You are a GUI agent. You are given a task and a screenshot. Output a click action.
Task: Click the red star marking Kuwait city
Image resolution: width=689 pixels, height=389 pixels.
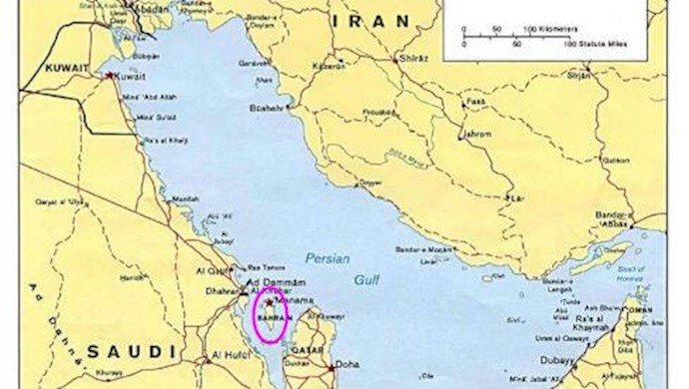109,76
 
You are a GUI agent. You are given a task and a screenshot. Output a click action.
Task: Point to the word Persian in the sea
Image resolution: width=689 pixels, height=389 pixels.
328,257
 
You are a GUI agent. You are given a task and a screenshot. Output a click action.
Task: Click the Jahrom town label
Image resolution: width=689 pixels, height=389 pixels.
474,133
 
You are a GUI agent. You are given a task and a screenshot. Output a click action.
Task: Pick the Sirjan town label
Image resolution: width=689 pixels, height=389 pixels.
579,75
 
